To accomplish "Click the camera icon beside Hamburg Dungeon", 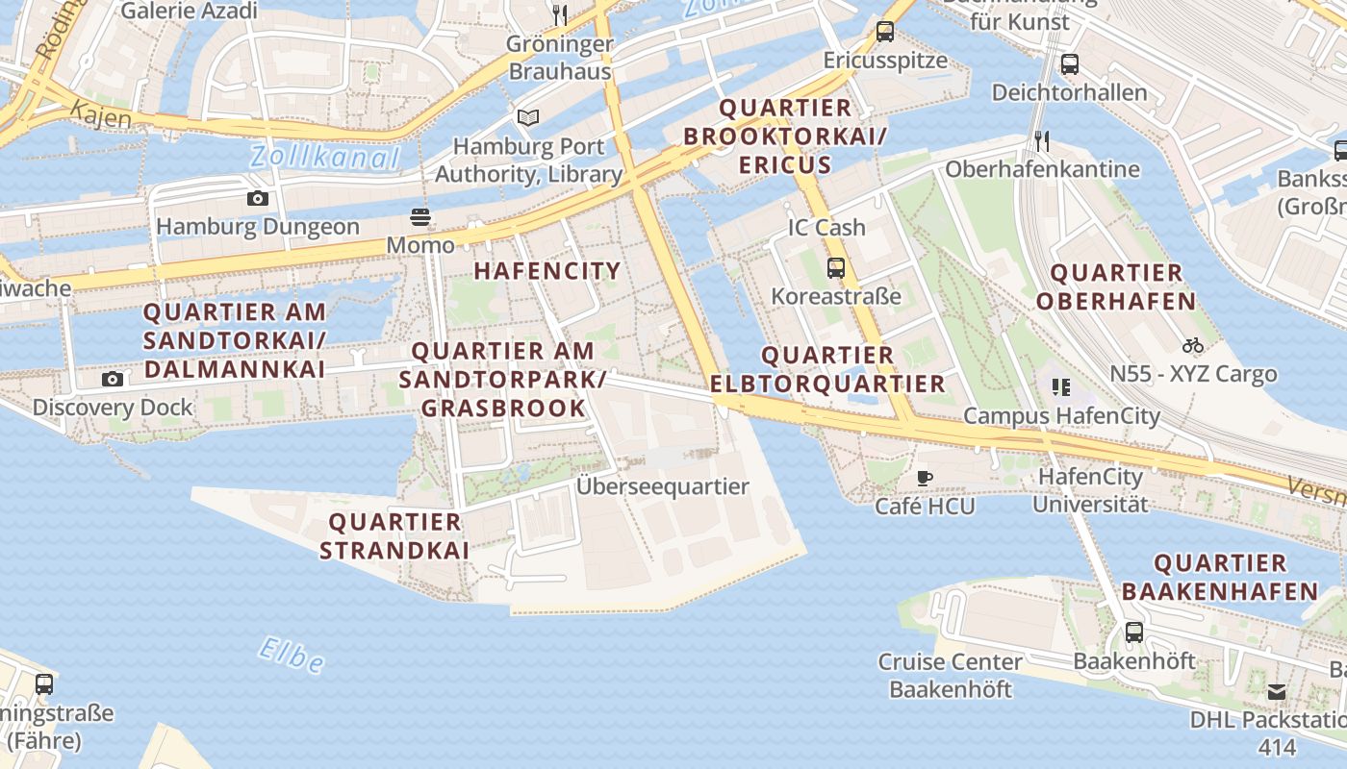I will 257,199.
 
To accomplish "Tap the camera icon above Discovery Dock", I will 113,380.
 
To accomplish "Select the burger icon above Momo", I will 420,217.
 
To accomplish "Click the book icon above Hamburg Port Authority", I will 527,117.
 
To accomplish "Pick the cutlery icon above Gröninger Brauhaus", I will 559,14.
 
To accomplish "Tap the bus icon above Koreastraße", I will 835,267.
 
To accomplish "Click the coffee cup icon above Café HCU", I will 924,478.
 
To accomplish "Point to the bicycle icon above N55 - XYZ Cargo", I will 1193,345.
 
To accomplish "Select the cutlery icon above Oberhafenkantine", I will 1042,141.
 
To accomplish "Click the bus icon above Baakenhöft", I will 1134,633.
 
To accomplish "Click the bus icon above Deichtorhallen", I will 1069,64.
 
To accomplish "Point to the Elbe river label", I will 291,655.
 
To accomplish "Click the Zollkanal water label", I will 324,158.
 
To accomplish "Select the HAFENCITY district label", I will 546,271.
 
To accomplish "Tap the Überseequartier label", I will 662,486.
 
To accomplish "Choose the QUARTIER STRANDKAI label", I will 394,536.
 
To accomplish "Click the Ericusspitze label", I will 885,61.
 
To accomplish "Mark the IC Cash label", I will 826,228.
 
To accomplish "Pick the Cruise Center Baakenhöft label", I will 950,676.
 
